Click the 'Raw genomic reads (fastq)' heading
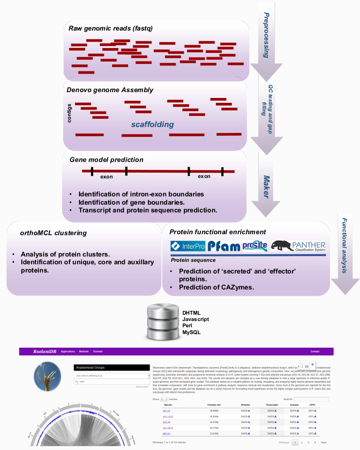pyautogui.click(x=111, y=29)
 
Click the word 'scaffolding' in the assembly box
pyautogui.click(x=152, y=125)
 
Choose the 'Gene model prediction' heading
pyautogui.click(x=106, y=160)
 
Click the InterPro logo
pyautogui.click(x=188, y=246)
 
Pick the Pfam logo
pyautogui.click(x=224, y=246)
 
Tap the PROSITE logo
pyautogui.click(x=255, y=246)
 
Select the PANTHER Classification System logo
pyautogui.click(x=298, y=246)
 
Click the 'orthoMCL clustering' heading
pyautogui.click(x=53, y=233)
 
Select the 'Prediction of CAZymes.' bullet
pyautogui.click(x=216, y=288)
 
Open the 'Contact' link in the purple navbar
pyautogui.click(x=315, y=351)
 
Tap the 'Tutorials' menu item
pyautogui.click(x=98, y=351)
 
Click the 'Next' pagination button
pyautogui.click(x=324, y=442)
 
